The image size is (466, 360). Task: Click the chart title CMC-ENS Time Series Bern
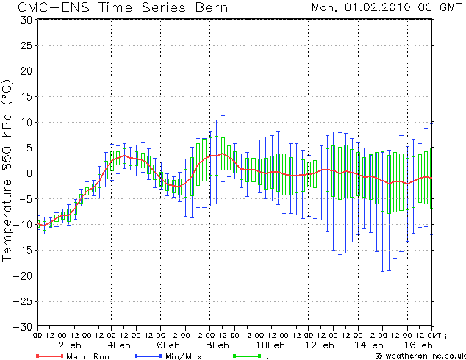[123, 7]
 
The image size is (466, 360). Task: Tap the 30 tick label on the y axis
[24, 19]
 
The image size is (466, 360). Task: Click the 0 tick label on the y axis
[27, 173]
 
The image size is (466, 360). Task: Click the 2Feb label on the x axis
[69, 345]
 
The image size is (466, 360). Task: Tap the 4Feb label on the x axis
[119, 345]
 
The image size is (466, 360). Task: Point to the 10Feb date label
[269, 345]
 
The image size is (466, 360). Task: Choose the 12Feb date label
[319, 345]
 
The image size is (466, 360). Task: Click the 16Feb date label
[418, 345]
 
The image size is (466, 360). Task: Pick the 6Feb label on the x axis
[169, 345]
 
